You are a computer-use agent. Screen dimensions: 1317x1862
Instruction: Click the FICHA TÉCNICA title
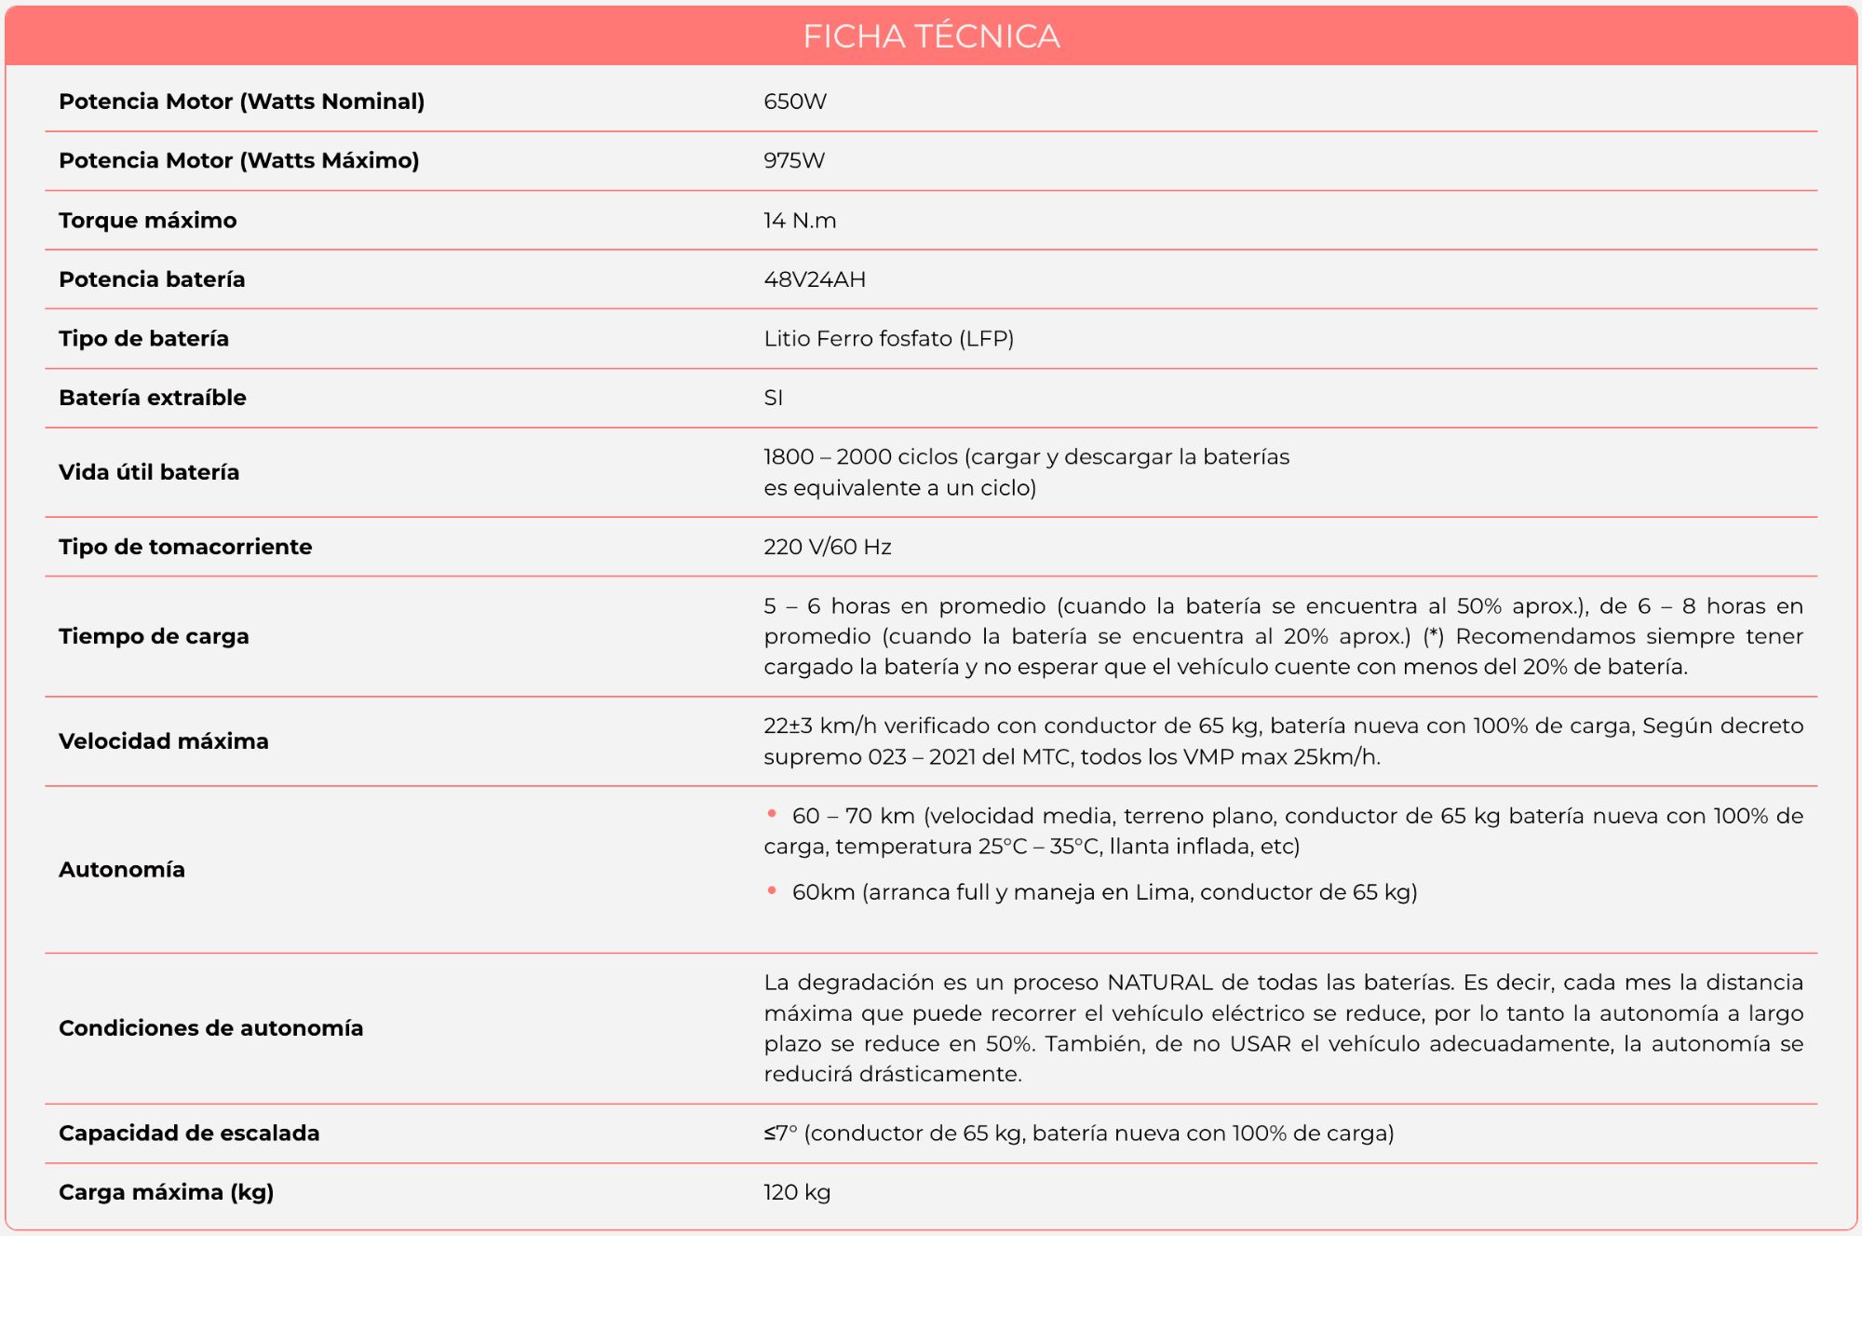click(x=931, y=36)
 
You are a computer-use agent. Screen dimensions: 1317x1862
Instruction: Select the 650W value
click(x=795, y=102)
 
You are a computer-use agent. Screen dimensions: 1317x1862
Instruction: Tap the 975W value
click(x=794, y=160)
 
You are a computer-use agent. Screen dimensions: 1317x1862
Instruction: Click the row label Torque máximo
click(x=148, y=220)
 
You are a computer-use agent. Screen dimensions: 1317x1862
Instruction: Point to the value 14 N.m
click(x=800, y=220)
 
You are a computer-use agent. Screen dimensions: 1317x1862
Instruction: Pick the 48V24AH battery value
click(x=815, y=279)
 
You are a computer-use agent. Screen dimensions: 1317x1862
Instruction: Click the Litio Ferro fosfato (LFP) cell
click(x=888, y=338)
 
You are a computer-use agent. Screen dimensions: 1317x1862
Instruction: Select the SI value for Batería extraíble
click(x=774, y=398)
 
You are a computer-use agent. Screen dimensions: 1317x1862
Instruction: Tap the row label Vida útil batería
click(x=149, y=472)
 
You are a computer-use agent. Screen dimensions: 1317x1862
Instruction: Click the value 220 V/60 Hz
click(x=827, y=547)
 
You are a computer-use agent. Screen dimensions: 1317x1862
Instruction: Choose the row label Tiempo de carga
click(x=154, y=636)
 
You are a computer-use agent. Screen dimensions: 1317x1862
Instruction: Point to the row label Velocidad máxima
click(x=164, y=741)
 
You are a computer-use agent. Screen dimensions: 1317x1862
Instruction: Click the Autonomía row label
click(x=122, y=869)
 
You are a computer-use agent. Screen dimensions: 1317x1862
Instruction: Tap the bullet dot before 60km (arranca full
click(x=772, y=890)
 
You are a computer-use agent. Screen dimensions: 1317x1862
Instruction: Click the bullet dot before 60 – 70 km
click(x=772, y=814)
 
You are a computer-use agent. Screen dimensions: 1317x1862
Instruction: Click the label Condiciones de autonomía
click(x=211, y=1028)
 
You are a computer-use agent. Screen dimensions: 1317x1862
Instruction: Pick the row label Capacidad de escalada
click(x=189, y=1134)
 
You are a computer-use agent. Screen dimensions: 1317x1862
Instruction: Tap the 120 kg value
click(x=797, y=1192)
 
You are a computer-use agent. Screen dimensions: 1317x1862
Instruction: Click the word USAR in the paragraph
click(x=1261, y=1044)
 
